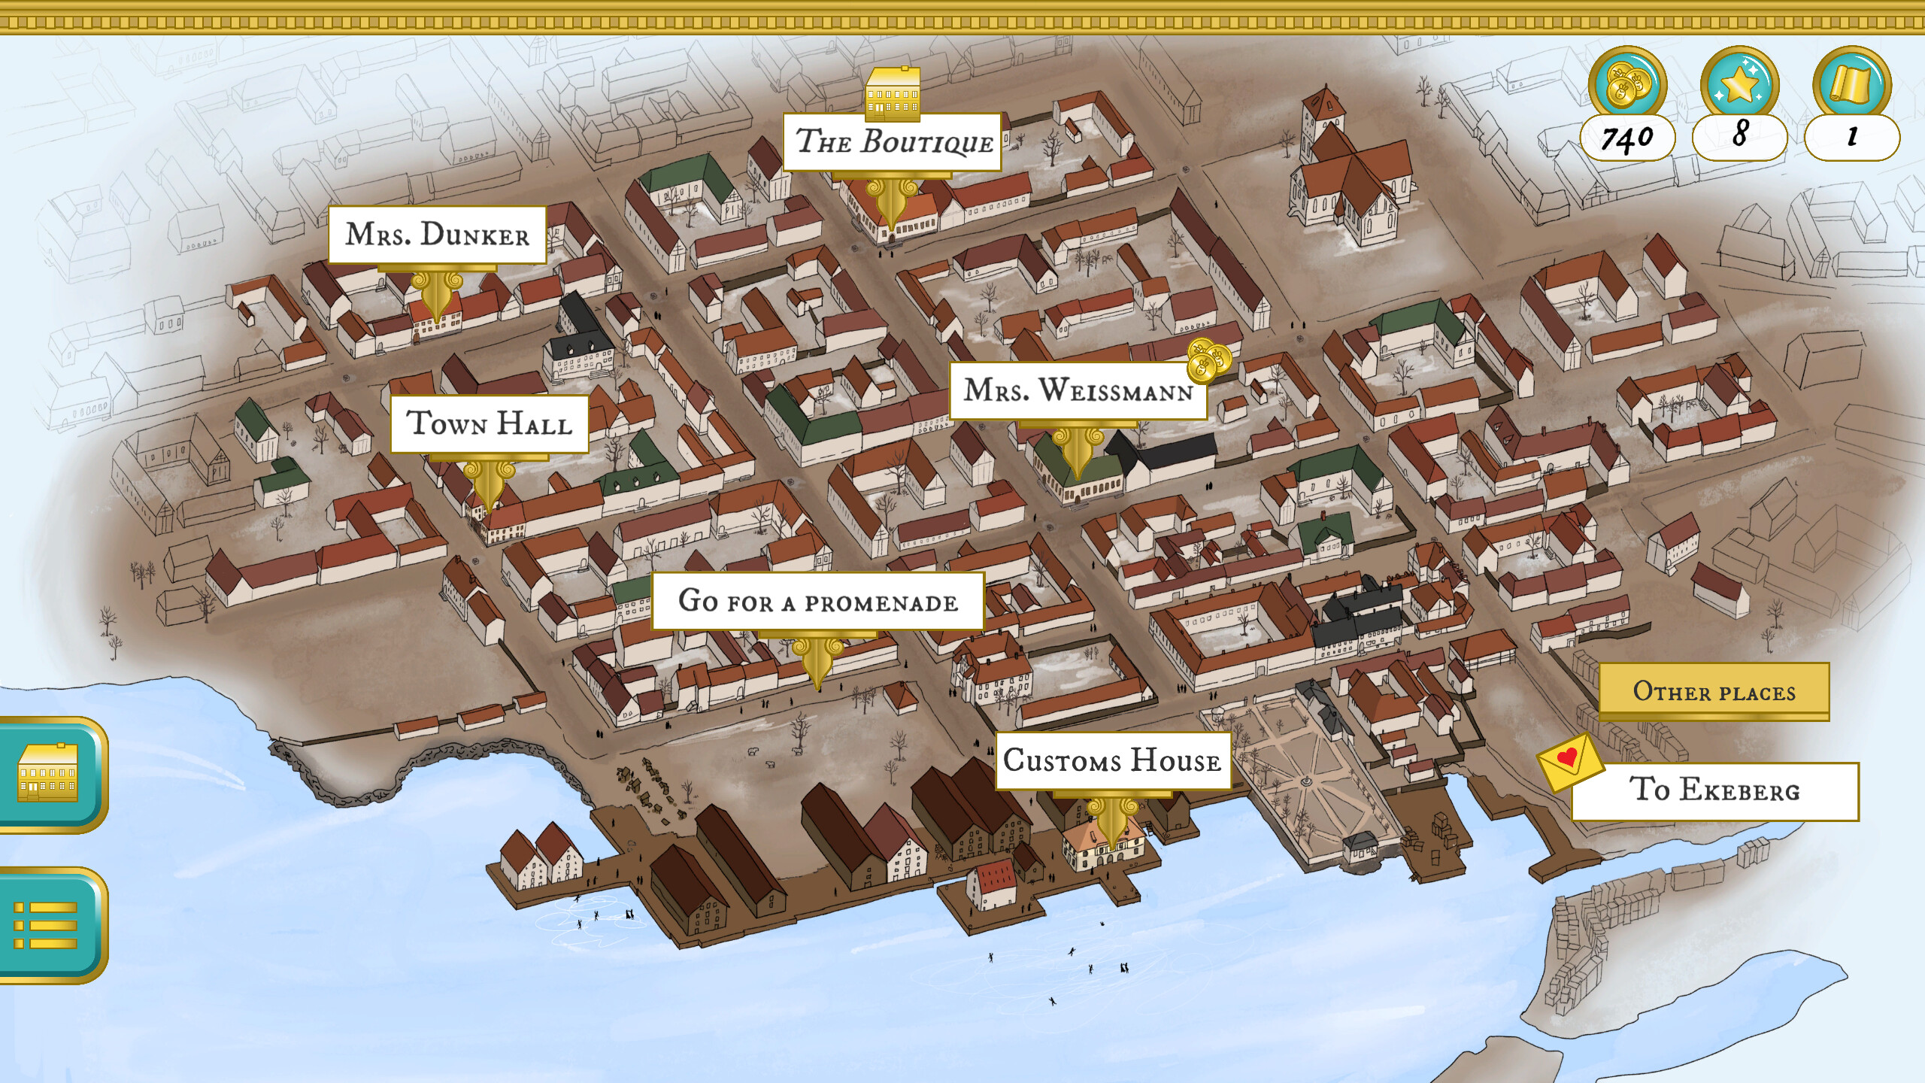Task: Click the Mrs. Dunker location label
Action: pos(437,235)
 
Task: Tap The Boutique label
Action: pos(893,142)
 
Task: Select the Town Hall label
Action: pos(489,423)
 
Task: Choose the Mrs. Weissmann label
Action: pos(1078,391)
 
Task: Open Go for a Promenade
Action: pos(817,602)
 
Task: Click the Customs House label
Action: pos(1112,760)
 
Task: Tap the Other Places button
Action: pos(1714,690)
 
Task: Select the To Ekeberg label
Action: pos(1714,790)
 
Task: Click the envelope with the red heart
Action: pos(1569,762)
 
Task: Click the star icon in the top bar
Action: pos(1739,84)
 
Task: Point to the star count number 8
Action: pos(1739,136)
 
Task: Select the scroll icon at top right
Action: pos(1851,84)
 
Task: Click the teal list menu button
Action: pos(47,925)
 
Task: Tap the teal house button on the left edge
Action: pos(47,775)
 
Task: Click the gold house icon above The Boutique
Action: pos(893,93)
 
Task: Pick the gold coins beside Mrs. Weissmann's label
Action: pos(1208,360)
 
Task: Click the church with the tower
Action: pos(1346,177)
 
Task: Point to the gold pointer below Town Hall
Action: pos(489,485)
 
